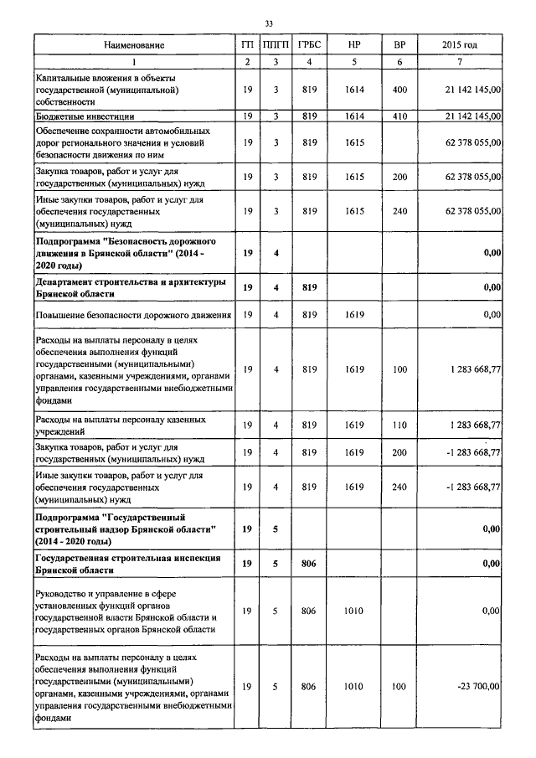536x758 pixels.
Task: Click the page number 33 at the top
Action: click(268, 23)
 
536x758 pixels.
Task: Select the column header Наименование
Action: click(135, 44)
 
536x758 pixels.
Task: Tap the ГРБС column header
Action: click(308, 44)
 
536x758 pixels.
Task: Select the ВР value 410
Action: click(399, 116)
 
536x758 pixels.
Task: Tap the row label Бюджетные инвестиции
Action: click(85, 116)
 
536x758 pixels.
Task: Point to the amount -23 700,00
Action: click(478, 687)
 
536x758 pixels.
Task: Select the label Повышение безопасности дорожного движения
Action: click(132, 315)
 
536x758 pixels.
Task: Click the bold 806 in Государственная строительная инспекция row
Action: click(308, 564)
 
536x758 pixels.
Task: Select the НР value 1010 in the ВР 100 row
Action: click(353, 687)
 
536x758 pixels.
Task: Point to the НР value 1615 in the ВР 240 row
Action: click(353, 213)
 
